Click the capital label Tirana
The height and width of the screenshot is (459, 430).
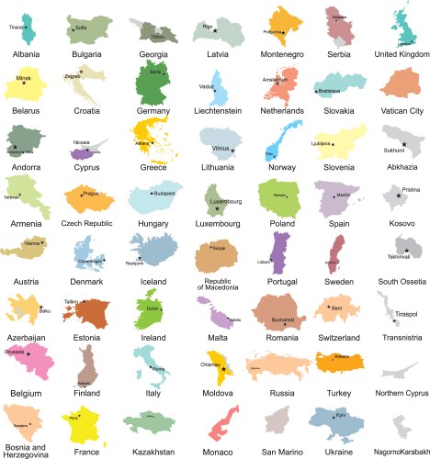point(16,28)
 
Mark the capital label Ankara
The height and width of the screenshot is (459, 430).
point(342,355)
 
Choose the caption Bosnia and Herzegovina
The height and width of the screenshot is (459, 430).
point(25,452)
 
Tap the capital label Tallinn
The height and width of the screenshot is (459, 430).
point(72,300)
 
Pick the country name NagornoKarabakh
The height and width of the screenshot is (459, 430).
point(402,452)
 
